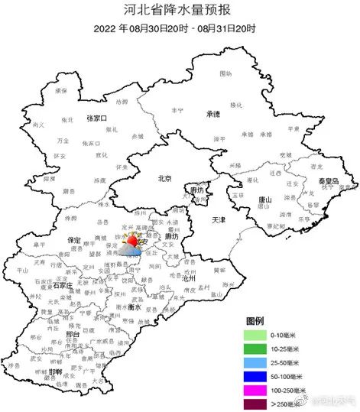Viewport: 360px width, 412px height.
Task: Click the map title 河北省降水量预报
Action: (180, 10)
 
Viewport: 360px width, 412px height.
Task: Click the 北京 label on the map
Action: (164, 178)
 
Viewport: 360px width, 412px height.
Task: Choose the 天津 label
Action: (219, 219)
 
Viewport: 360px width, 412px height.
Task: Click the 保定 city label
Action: (74, 239)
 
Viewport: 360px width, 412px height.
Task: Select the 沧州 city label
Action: (188, 280)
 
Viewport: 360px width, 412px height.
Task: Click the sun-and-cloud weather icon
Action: (133, 245)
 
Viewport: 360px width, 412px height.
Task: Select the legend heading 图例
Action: (255, 319)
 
